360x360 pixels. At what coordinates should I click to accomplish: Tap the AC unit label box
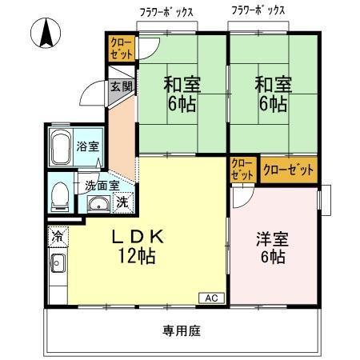(x=211, y=298)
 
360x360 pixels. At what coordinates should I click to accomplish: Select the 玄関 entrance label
(x=122, y=86)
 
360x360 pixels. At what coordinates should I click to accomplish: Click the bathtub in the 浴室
(x=61, y=147)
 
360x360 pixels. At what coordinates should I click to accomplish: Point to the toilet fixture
(x=59, y=194)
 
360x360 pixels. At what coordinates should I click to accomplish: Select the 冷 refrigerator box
(x=57, y=236)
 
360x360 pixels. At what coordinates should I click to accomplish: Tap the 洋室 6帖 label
(x=271, y=247)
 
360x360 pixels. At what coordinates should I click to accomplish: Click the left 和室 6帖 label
(x=182, y=93)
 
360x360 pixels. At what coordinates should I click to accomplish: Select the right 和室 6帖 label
(x=272, y=93)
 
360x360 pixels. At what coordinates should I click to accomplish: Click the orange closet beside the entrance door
(x=121, y=47)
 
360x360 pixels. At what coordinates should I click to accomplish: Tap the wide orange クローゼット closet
(x=288, y=170)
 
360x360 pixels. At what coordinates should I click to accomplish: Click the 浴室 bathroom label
(x=88, y=146)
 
